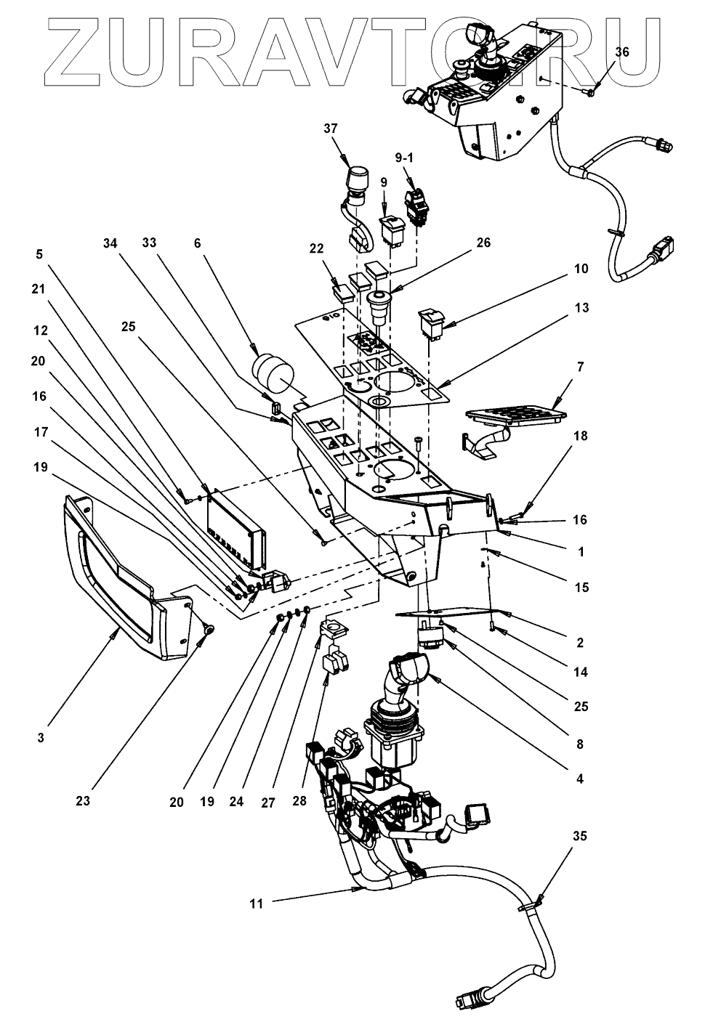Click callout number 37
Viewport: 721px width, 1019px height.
click(x=331, y=128)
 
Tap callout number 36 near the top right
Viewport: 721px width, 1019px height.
click(x=622, y=52)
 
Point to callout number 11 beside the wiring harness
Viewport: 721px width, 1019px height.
click(x=255, y=904)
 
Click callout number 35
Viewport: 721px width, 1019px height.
click(x=579, y=836)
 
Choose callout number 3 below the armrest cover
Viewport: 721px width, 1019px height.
click(x=41, y=738)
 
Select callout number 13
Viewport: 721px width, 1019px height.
click(x=580, y=308)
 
